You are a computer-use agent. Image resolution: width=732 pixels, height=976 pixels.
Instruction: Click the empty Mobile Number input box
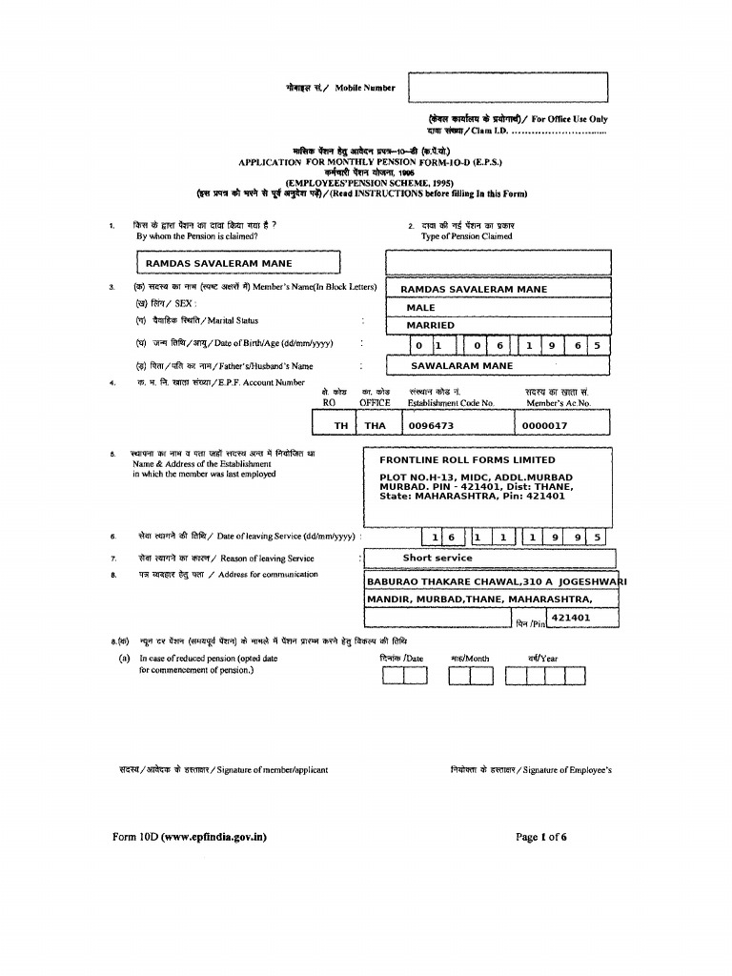[x=507, y=87]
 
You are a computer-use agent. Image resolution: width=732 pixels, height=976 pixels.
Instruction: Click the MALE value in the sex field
[x=420, y=308]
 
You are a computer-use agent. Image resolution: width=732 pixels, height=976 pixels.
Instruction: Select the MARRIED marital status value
[x=431, y=326]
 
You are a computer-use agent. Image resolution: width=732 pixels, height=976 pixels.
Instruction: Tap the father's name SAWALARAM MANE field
[x=461, y=365]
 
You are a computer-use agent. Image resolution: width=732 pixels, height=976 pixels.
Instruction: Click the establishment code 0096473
[x=431, y=426]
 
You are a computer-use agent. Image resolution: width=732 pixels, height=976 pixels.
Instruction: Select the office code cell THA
[x=375, y=426]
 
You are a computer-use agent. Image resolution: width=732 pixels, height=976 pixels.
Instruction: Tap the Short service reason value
[x=437, y=558]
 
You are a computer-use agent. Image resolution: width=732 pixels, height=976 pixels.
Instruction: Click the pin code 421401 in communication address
[x=571, y=618]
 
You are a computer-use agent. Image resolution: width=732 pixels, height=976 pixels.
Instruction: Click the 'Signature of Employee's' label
[x=531, y=769]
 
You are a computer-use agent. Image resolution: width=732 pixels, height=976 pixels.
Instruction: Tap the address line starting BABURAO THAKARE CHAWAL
[x=496, y=581]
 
